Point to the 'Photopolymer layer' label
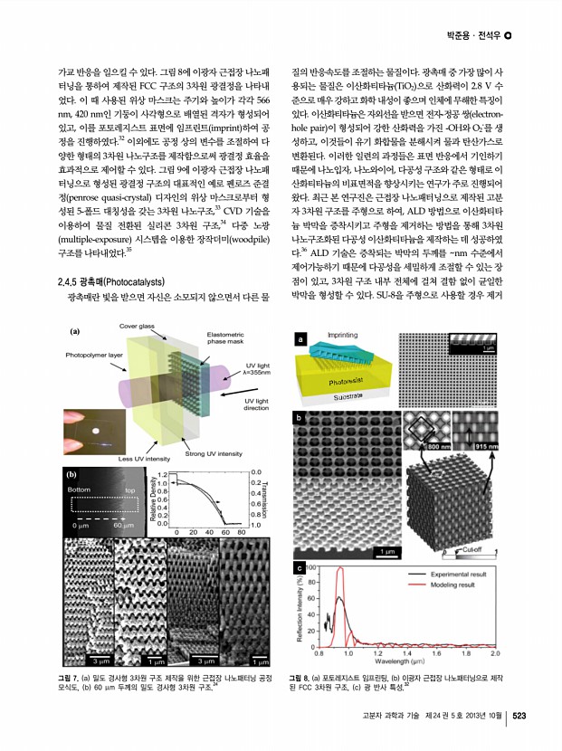(93, 355)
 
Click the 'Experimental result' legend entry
(457, 575)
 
